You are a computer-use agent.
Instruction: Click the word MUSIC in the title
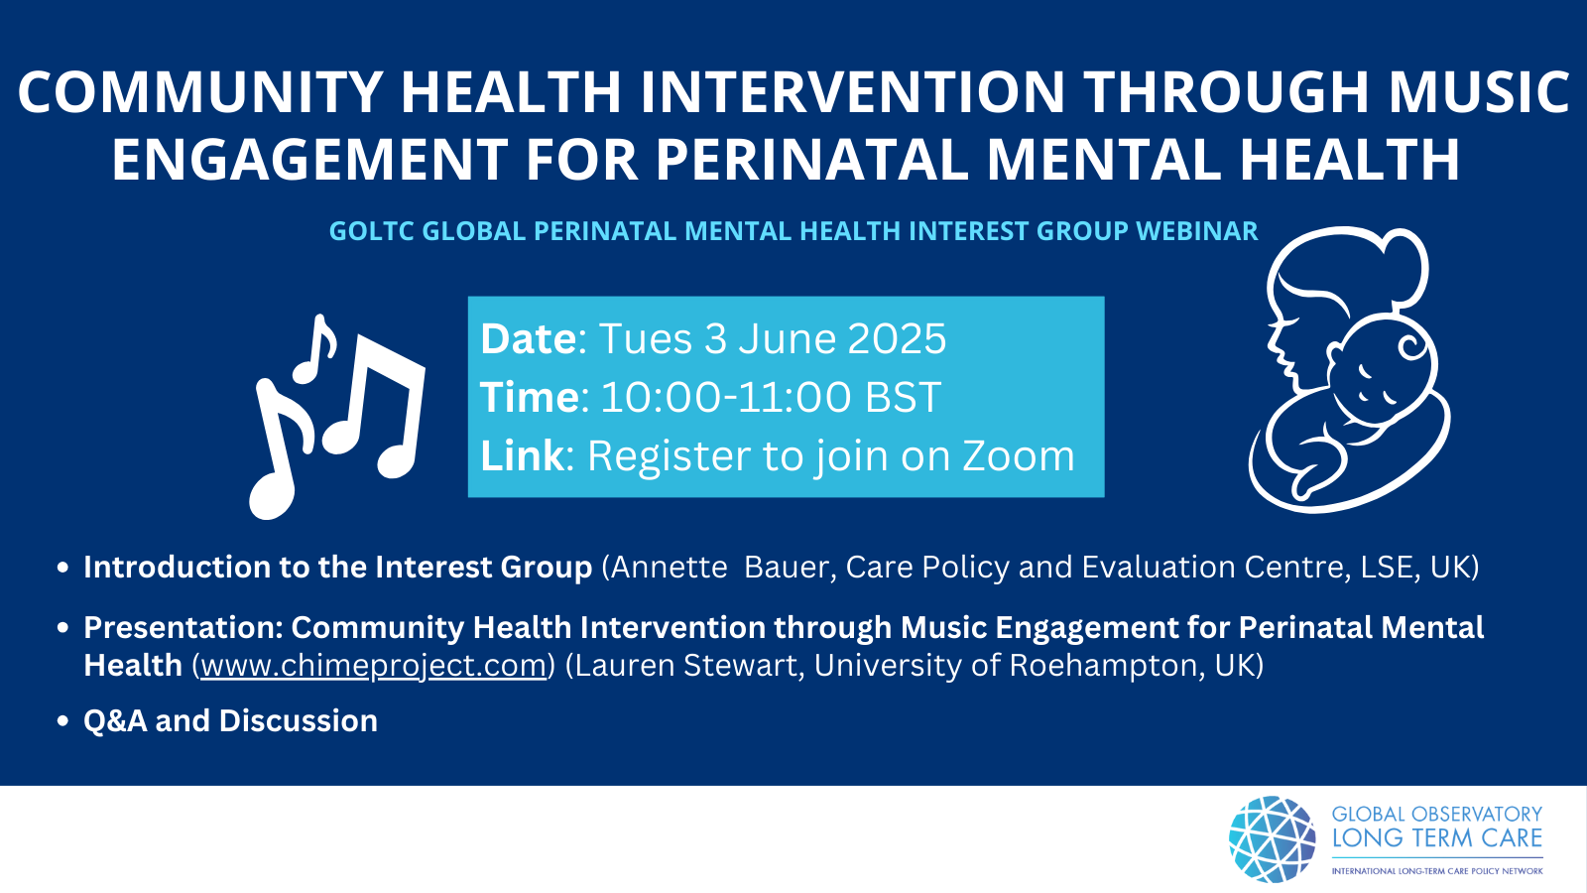click(1479, 91)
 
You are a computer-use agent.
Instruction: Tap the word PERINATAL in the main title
click(812, 160)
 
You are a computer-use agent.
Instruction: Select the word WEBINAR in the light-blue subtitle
click(1196, 231)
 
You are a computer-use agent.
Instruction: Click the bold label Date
click(529, 338)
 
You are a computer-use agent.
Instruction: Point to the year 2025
click(897, 338)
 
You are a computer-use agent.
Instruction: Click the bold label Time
click(530, 396)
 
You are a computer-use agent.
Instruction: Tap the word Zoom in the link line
click(1018, 455)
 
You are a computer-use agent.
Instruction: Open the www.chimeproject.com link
click(373, 665)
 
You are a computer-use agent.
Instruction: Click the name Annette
click(669, 567)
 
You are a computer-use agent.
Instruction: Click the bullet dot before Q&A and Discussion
click(63, 721)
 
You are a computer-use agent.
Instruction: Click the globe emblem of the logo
click(1273, 839)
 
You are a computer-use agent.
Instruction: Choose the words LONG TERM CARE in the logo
click(1437, 837)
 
